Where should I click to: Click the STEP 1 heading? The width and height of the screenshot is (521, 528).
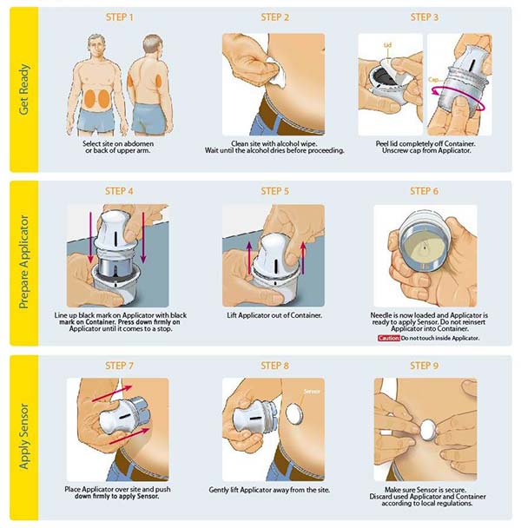tap(120, 17)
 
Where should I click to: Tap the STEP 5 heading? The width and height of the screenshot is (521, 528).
tap(274, 191)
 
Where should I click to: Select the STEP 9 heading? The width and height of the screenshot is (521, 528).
tap(424, 366)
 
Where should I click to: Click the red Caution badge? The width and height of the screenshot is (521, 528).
tap(389, 338)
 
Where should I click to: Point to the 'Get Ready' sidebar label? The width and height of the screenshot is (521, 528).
tap(24, 89)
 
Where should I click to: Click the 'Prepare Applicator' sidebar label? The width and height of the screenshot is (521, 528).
tap(24, 262)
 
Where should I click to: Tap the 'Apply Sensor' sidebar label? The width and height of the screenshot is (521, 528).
tap(24, 437)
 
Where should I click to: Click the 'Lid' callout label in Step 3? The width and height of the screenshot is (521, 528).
tap(387, 45)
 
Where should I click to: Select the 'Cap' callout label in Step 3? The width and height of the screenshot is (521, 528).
tap(433, 80)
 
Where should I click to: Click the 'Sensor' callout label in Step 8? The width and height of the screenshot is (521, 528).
tap(312, 392)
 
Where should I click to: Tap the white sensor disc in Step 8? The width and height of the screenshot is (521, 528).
tap(294, 413)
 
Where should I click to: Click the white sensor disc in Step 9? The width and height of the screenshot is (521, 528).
tap(428, 430)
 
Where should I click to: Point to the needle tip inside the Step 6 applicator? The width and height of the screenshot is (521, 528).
tap(425, 248)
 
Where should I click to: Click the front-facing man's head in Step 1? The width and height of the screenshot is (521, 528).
tap(96, 46)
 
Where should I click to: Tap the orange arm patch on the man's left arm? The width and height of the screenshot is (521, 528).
tap(130, 81)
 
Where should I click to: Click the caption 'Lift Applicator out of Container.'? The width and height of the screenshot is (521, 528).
tap(274, 315)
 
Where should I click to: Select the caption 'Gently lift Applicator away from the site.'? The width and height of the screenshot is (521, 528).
tap(269, 490)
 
